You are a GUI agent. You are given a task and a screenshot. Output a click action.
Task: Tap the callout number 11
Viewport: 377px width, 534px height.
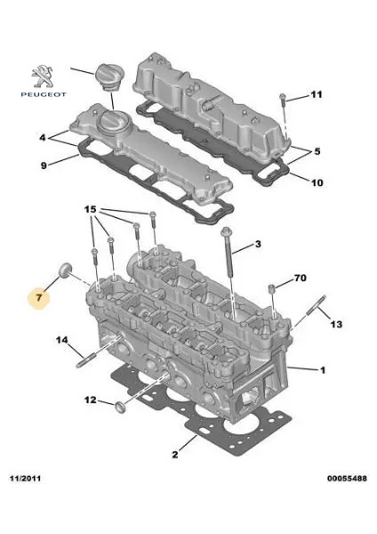(x=317, y=95)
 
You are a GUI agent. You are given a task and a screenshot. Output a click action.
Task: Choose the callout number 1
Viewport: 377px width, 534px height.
(x=323, y=369)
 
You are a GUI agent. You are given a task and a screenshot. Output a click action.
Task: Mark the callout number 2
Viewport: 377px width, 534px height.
(x=175, y=455)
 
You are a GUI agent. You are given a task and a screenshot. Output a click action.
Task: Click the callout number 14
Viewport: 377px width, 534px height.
(x=62, y=341)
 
